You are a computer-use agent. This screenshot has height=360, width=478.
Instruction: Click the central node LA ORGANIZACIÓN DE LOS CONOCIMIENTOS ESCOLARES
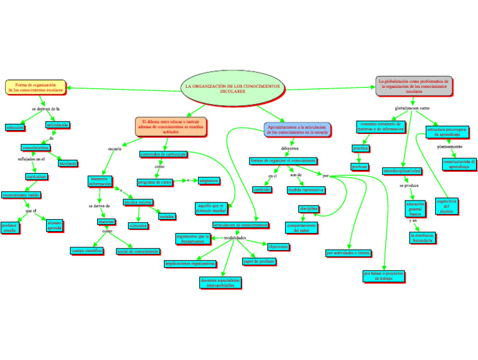[x=233, y=88]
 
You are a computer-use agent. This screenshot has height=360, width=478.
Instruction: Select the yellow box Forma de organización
[x=35, y=87]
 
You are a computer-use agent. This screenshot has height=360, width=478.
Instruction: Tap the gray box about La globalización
[x=414, y=86]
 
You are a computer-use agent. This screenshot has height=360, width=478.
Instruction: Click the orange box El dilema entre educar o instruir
[x=171, y=126]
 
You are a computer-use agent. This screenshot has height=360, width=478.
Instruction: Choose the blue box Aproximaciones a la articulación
[x=297, y=130]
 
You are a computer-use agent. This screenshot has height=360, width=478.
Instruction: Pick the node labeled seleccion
[x=15, y=127]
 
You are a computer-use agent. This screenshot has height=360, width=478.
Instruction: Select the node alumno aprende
[x=54, y=225]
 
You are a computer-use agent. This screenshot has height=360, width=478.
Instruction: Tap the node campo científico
[x=87, y=251]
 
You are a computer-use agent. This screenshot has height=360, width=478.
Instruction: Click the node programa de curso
[x=154, y=182]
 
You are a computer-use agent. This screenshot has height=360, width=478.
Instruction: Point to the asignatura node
[x=209, y=181]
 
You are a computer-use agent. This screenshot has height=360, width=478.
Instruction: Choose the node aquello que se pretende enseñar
[x=211, y=208]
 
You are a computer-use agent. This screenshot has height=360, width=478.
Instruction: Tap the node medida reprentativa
[x=306, y=189]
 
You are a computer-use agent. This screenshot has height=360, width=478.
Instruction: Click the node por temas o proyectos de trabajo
[x=383, y=276]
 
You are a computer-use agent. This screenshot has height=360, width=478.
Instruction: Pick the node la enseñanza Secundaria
[x=422, y=238]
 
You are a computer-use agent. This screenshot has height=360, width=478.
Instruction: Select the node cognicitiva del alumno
[x=446, y=207]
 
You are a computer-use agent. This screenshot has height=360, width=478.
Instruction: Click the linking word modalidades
[x=235, y=239]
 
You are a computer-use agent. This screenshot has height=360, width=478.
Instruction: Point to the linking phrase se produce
[x=409, y=186]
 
